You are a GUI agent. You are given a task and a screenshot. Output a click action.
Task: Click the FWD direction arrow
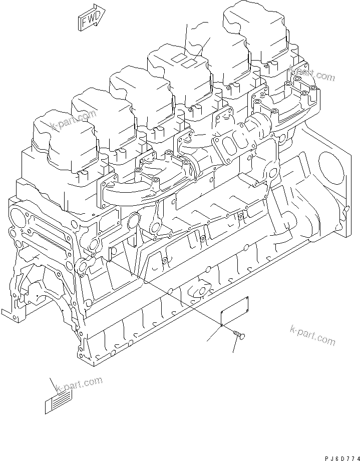click(90, 19)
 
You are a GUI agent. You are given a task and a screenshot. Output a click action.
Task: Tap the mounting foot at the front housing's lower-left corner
click(9, 314)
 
